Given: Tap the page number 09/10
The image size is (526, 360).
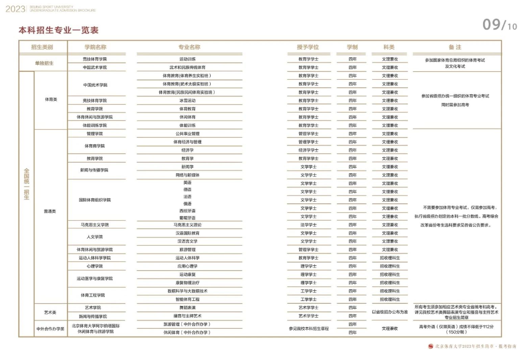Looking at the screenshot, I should click(x=499, y=25).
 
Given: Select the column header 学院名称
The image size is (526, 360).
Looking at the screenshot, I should click(x=95, y=47).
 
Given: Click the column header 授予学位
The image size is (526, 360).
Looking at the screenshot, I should click(x=308, y=47).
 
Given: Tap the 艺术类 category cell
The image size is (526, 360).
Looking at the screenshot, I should click(x=50, y=312).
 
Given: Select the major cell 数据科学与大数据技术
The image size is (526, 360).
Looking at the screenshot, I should click(x=188, y=291).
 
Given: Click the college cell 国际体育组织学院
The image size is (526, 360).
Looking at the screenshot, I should click(x=95, y=200).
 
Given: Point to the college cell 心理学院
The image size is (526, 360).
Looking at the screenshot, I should click(x=95, y=266).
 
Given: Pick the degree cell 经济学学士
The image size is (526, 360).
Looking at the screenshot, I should click(x=308, y=150).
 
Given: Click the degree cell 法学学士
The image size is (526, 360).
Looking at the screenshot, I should click(x=308, y=225).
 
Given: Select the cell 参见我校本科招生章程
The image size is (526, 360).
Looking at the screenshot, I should click(x=308, y=328).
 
